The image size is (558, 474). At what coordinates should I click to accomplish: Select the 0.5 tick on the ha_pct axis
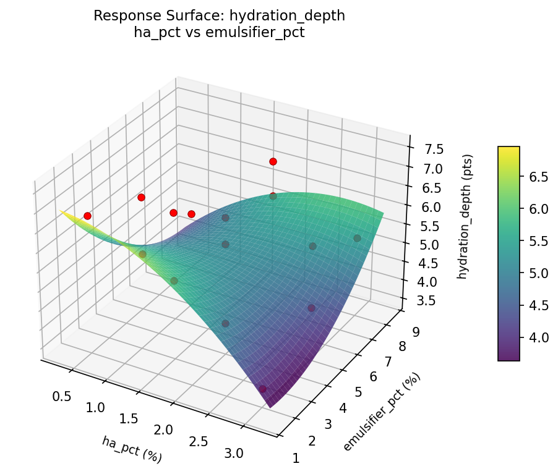[61, 396]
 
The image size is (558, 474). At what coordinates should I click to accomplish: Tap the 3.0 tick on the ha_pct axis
[234, 454]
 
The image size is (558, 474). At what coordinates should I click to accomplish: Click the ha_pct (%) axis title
[132, 449]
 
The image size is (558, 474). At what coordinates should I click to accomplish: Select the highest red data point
[273, 161]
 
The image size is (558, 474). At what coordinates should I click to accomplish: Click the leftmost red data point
[87, 216]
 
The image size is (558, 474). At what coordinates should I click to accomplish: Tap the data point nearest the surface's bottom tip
[263, 389]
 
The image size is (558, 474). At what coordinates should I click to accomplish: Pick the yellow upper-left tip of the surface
[61, 211]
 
